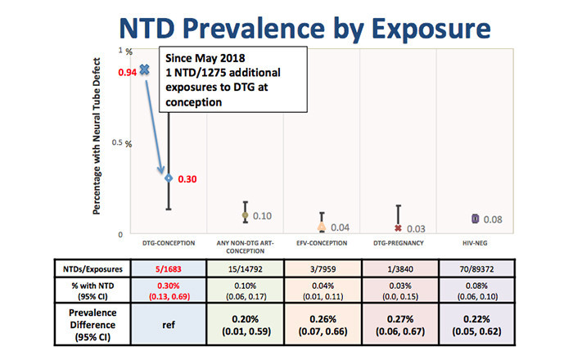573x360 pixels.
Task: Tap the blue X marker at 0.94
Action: pos(145,70)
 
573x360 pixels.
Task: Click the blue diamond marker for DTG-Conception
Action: pos(169,178)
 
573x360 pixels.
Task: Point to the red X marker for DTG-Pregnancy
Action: pos(399,228)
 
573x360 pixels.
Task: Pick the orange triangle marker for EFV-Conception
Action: pos(322,227)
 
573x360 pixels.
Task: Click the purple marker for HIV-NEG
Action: pos(475,218)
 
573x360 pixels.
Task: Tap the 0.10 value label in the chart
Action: pos(262,216)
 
